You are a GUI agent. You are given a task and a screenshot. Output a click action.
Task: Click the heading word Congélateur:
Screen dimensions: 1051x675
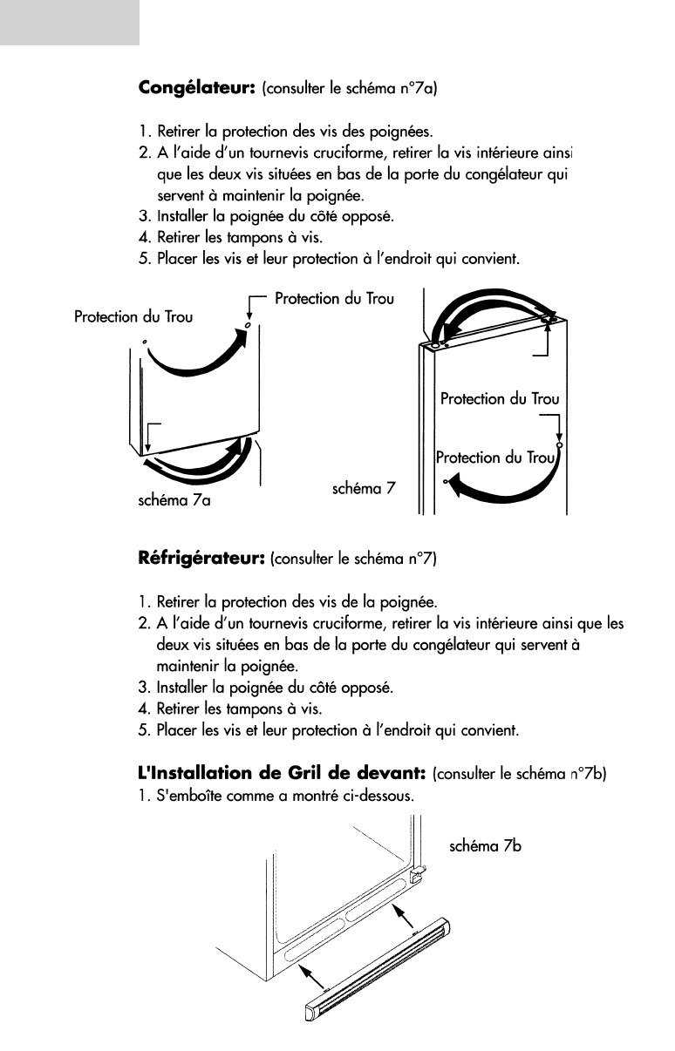click(196, 88)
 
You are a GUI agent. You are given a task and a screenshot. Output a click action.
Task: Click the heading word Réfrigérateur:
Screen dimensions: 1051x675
click(202, 558)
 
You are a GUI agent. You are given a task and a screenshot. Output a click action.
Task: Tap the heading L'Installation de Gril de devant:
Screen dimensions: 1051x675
click(281, 773)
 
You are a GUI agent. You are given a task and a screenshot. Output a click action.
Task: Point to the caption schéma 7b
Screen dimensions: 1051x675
click(485, 844)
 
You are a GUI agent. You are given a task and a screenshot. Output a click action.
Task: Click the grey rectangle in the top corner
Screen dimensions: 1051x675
click(70, 22)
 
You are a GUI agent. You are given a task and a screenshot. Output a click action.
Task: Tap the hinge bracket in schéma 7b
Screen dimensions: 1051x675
click(418, 872)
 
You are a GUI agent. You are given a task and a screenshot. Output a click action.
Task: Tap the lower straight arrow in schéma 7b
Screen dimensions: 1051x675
click(311, 977)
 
